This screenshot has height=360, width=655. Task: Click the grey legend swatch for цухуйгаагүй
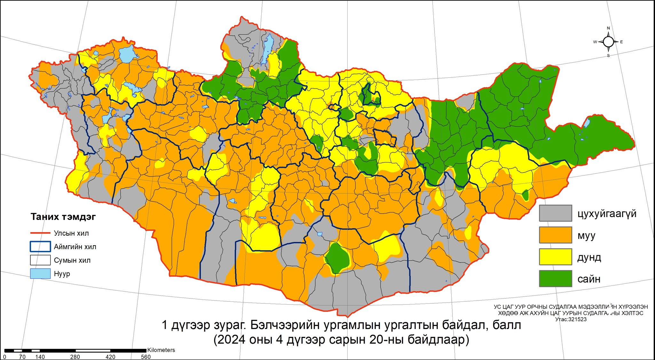pos(555,213)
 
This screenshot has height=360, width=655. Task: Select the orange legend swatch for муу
pos(555,235)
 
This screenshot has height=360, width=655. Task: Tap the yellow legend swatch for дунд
pos(555,257)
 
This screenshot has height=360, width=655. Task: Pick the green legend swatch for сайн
pos(555,278)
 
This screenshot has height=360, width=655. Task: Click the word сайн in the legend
pos(589,279)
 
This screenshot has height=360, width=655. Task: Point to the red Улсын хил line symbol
pos(40,233)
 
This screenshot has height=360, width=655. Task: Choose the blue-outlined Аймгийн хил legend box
pos(40,247)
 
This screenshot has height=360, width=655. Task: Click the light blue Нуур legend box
pos(40,274)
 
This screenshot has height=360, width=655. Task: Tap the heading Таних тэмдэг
pos(63,217)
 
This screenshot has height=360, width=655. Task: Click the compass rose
pos(608,42)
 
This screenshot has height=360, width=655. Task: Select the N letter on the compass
pos(608,28)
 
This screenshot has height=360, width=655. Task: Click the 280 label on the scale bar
pos(75,357)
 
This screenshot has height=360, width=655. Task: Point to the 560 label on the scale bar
pos(146,357)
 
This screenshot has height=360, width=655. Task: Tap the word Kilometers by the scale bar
pos(161,350)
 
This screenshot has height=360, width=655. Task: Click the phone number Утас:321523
pos(571,319)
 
